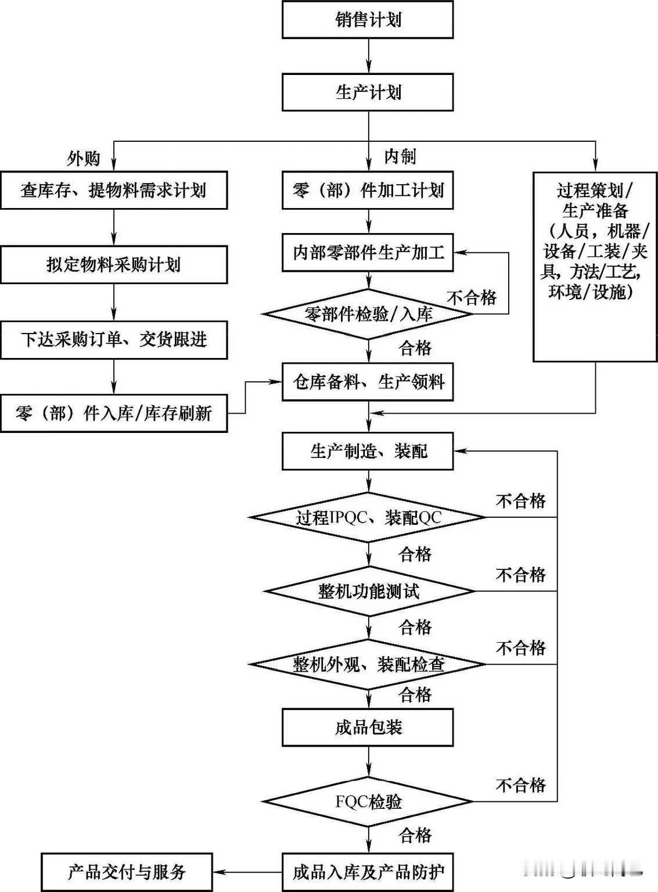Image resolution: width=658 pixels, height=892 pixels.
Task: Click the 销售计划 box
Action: tap(368, 20)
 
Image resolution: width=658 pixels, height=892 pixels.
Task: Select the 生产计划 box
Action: tap(368, 92)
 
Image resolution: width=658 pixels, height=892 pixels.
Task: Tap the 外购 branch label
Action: tap(84, 158)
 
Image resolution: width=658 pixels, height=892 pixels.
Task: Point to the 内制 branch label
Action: tap(400, 156)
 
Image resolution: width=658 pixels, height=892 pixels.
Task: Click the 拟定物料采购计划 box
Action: tap(114, 264)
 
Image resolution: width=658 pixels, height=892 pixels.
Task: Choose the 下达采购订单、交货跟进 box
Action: tap(114, 339)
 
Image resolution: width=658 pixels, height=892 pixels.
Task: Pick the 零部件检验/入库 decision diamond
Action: tap(368, 314)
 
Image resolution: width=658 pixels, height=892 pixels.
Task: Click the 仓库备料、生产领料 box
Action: tap(368, 382)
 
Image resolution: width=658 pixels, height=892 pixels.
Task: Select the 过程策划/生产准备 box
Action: tap(595, 266)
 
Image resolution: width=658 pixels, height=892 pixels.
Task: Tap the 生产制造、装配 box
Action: tap(368, 451)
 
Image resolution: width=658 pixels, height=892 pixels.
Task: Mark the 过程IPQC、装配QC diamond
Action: tap(368, 517)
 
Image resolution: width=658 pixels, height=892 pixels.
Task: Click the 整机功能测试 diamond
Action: tap(368, 592)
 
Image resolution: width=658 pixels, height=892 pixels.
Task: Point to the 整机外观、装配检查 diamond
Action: tap(368, 664)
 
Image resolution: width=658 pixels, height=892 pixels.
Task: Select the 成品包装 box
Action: tap(368, 727)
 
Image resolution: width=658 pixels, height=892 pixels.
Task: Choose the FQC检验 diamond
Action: tap(368, 802)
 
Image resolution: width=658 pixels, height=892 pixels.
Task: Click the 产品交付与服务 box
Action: tap(127, 872)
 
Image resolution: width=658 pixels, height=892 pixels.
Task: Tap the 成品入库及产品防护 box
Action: tap(368, 872)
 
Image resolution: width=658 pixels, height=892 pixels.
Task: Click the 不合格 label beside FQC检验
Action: tap(520, 785)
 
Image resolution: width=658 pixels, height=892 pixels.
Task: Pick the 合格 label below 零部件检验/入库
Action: tap(415, 348)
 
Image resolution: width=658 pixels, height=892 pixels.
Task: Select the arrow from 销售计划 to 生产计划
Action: tap(368, 56)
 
